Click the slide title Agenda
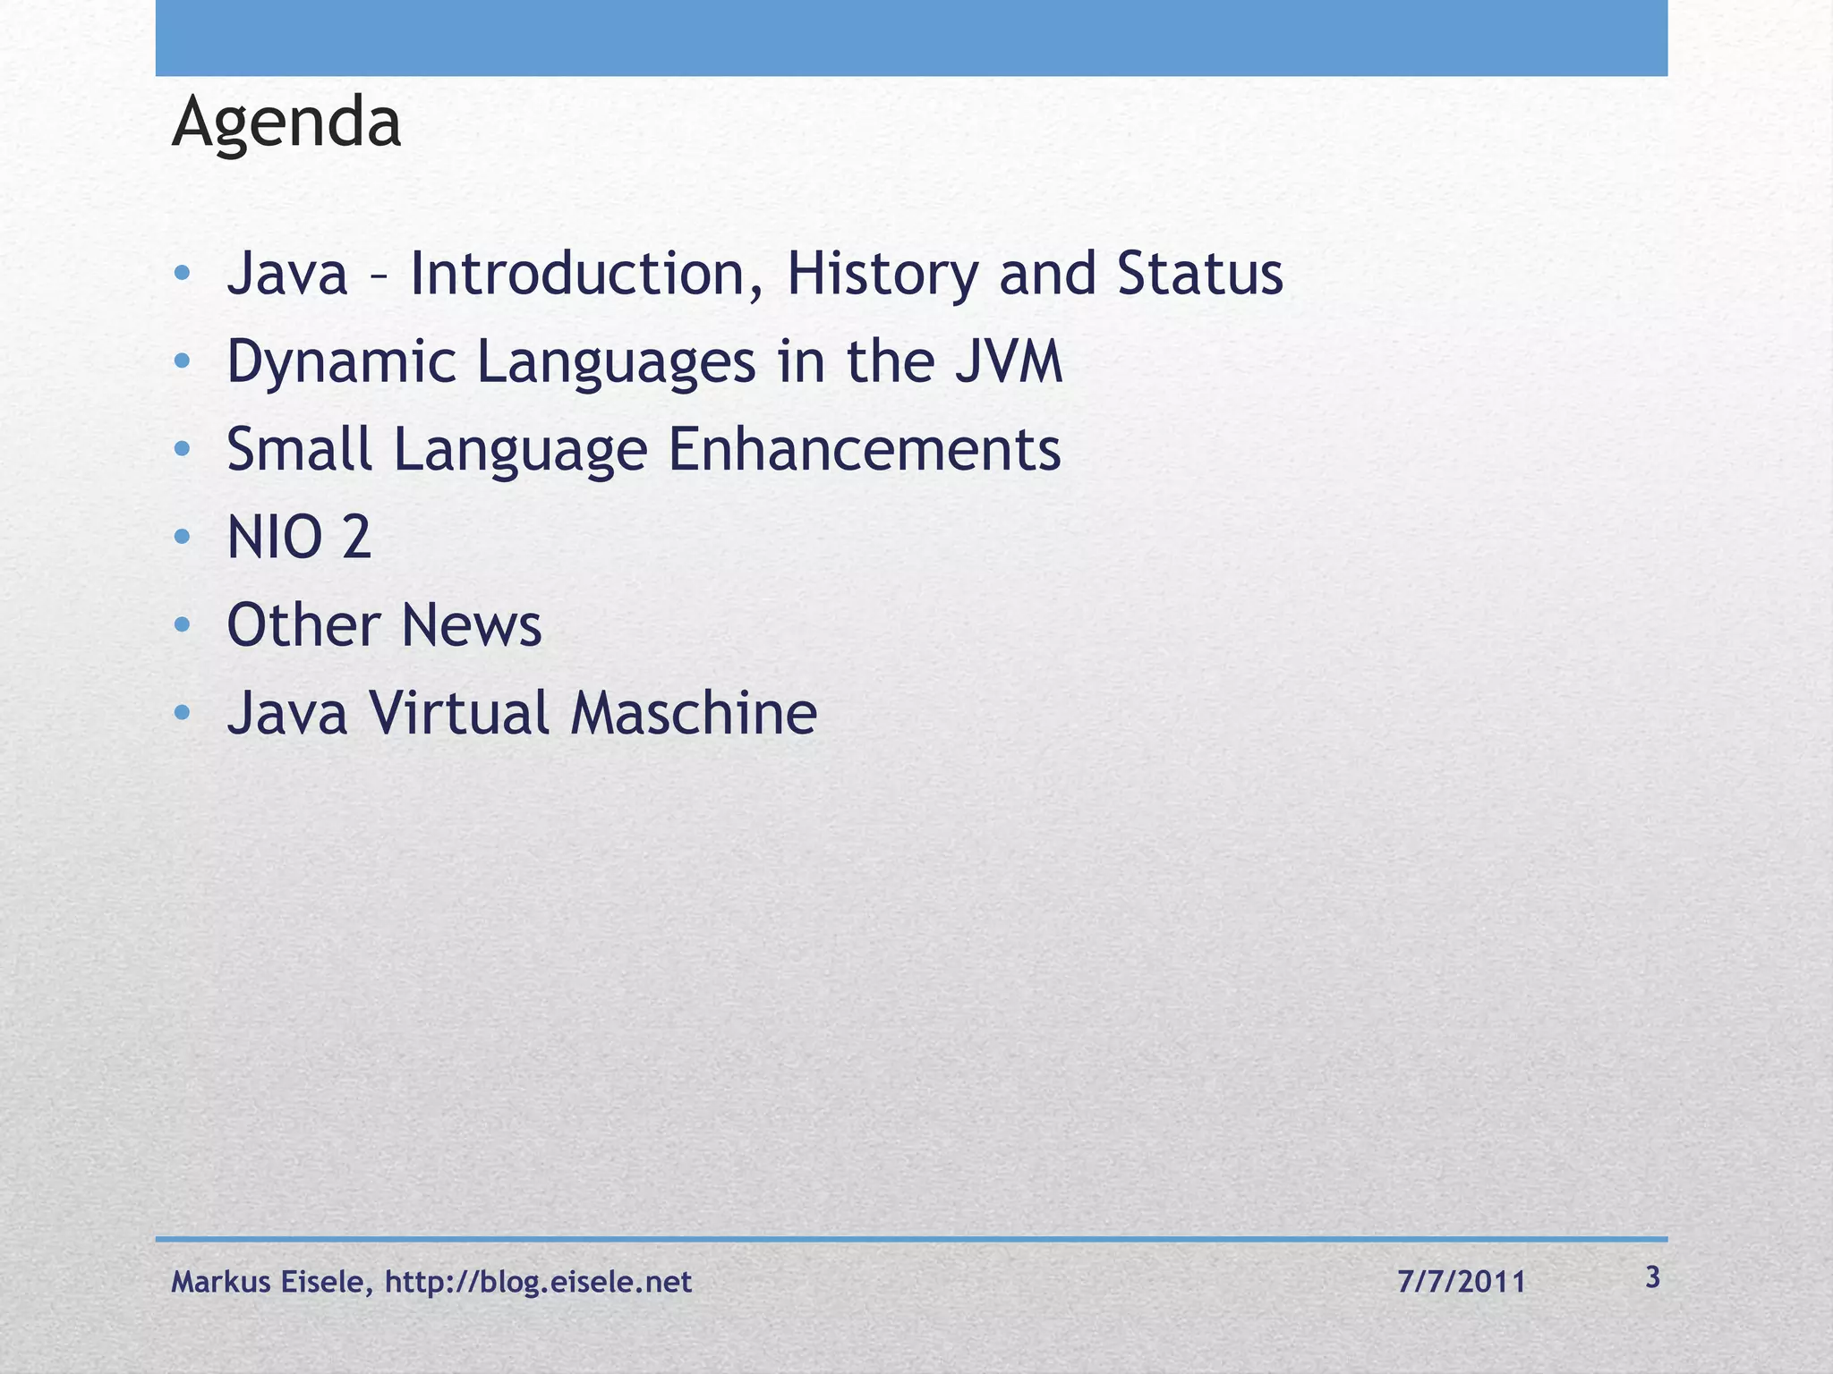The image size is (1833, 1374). tap(286, 123)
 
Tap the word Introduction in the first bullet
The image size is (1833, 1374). tap(577, 274)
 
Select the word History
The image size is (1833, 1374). tap(882, 274)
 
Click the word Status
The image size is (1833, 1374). tap(1199, 274)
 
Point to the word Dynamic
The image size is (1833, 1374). tap(340, 362)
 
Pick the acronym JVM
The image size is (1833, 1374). tap(1008, 362)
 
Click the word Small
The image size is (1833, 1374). tap(299, 449)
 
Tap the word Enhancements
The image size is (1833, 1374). tap(865, 449)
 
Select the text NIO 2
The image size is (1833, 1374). tap(299, 538)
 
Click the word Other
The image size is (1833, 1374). tap(304, 625)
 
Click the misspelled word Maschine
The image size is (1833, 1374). tap(694, 713)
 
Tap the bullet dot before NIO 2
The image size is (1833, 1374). tap(183, 538)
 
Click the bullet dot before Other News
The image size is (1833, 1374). tap(183, 625)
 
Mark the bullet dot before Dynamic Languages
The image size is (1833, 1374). tap(183, 362)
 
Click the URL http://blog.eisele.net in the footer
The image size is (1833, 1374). tap(538, 1282)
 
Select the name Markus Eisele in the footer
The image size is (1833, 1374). tap(268, 1282)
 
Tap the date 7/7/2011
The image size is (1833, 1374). tap(1461, 1282)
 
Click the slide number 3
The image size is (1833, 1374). tap(1652, 1277)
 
